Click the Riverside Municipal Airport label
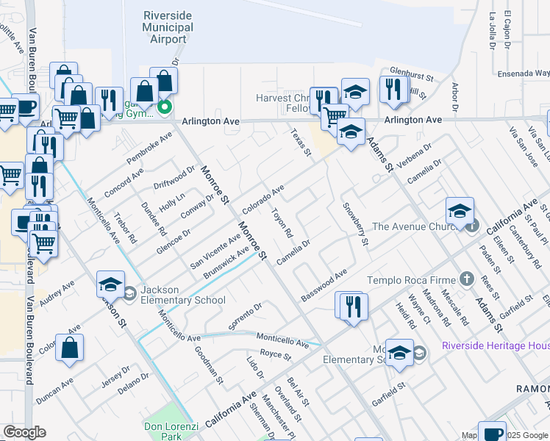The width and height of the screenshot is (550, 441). point(168,27)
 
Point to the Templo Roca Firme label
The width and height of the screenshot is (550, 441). point(412,279)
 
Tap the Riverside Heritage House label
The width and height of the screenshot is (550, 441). point(496,345)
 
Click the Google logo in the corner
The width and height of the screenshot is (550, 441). point(24,432)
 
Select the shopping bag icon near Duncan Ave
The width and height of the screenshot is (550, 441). point(69,348)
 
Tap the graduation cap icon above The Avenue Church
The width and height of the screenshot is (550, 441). point(460,211)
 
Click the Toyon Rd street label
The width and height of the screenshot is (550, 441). point(282,223)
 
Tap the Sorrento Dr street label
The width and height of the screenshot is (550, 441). point(246,316)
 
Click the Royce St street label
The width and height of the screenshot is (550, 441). point(276,356)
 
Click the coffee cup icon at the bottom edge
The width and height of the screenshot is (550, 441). point(491,431)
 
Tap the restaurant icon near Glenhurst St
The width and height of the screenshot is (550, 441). point(394,88)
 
